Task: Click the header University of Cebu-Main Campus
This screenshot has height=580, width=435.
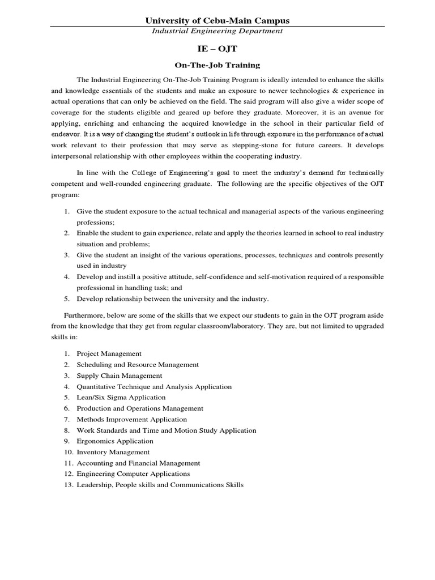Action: pos(217,20)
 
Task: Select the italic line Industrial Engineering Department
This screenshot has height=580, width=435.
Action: pos(217,31)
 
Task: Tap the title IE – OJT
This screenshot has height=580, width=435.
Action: pos(217,49)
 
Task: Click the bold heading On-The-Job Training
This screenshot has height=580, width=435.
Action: pos(217,65)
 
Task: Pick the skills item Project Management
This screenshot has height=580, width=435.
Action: pos(109,353)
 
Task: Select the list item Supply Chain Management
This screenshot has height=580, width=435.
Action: pos(120,376)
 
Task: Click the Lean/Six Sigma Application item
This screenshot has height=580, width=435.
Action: pos(121,398)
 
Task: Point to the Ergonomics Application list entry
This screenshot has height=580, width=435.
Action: pos(115,441)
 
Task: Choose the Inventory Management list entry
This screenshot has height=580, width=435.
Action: pos(113,452)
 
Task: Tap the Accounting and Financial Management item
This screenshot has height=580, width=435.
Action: pos(139,463)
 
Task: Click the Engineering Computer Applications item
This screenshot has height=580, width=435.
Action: pos(134,474)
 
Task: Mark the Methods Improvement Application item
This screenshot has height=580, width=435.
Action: pos(132,420)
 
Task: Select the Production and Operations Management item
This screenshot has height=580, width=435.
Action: pos(140,408)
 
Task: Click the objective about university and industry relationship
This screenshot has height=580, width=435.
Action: pos(173,299)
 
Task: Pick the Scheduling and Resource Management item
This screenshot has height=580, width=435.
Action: pos(138,365)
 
